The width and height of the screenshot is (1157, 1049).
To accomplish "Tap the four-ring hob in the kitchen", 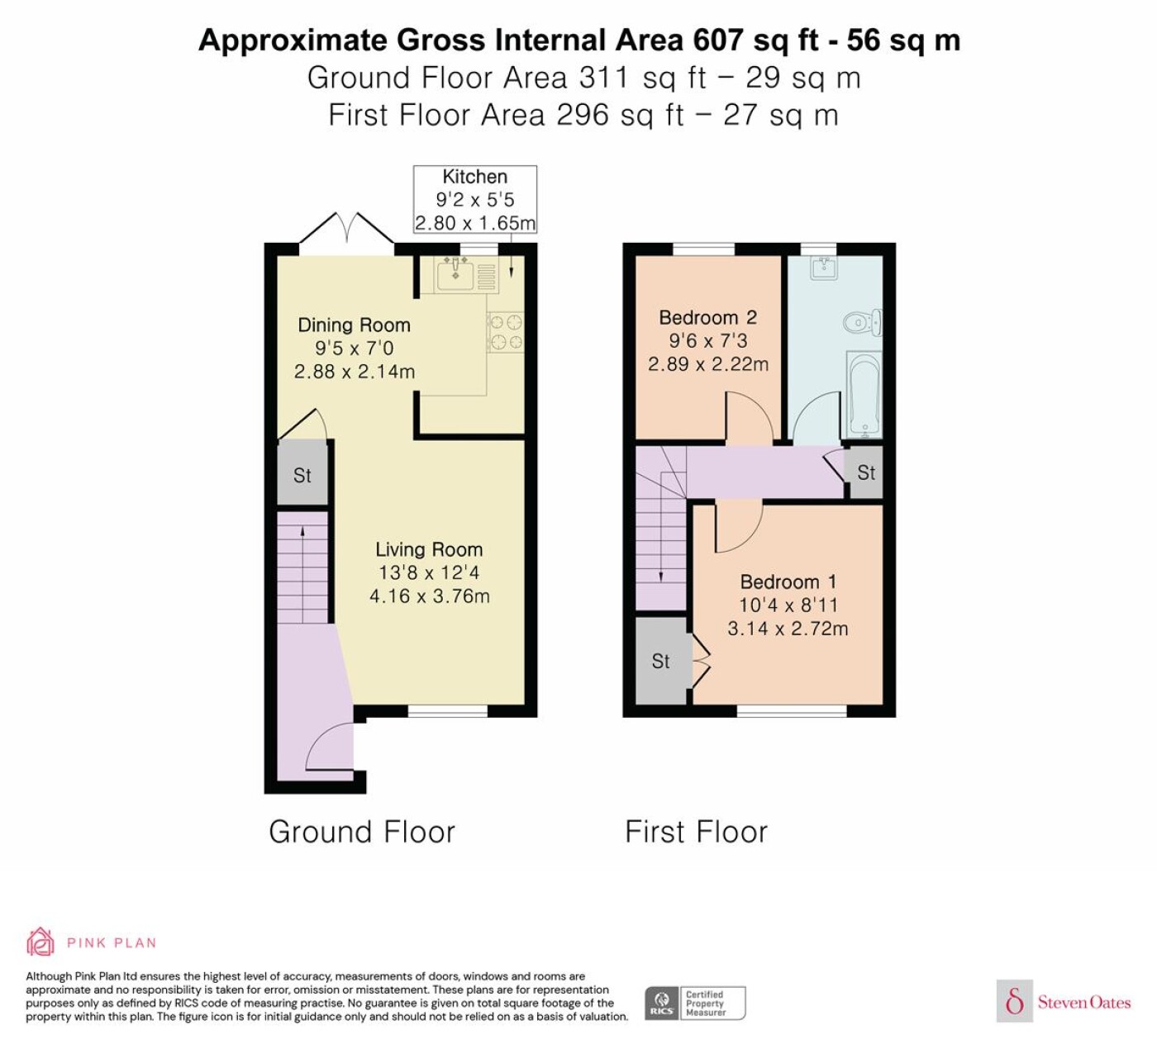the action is point(506,332).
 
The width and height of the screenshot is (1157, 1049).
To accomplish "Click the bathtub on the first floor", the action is point(863,395).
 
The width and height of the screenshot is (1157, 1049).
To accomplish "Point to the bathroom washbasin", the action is point(824,268).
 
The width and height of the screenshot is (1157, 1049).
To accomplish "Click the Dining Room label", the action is point(355,325).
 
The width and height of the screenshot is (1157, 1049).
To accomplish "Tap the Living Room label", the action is point(429,549).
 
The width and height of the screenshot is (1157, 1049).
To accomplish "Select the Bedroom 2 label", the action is point(707,318).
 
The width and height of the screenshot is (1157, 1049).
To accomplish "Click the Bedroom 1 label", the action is point(788,581).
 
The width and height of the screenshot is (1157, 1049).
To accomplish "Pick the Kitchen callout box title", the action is point(474,177).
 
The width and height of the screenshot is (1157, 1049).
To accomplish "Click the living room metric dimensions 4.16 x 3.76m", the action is point(430,596).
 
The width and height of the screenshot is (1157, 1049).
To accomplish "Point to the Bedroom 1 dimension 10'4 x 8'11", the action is point(788,605).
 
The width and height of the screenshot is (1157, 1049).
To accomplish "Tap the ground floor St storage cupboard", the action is point(302,474).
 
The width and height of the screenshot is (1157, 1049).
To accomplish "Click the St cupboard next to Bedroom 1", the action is point(660,661).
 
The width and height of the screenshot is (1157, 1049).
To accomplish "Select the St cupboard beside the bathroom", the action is point(866,473).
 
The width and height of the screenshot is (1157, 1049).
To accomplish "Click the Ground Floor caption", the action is point(362,832).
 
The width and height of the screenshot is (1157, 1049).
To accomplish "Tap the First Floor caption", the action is point(696,832).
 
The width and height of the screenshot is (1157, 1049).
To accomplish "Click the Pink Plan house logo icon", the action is point(40,942).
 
